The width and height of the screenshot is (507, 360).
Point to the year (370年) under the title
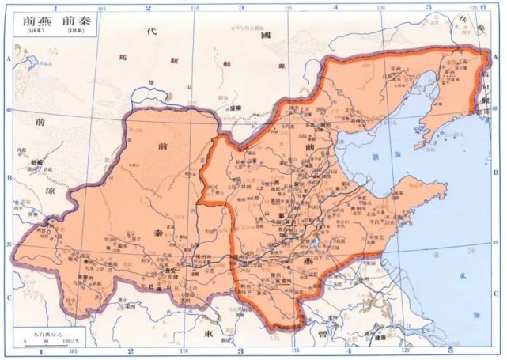point(75,31)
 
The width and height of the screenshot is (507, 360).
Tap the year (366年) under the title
point(31,31)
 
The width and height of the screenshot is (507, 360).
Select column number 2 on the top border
point(148,7)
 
